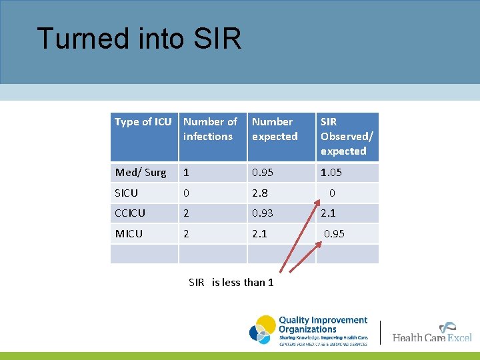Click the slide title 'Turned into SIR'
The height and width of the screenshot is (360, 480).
(x=139, y=39)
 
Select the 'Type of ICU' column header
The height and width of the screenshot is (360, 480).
(x=143, y=122)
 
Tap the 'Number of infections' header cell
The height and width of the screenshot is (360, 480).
(x=210, y=129)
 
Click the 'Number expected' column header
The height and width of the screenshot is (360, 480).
(x=275, y=129)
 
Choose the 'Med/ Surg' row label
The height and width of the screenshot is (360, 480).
(x=141, y=173)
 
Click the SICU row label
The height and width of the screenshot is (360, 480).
(x=127, y=193)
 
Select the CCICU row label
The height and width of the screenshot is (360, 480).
(x=131, y=213)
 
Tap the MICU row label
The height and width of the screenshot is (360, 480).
(x=129, y=234)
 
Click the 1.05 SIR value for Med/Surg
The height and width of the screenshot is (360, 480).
(x=331, y=173)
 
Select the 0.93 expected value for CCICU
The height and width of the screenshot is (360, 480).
(x=263, y=213)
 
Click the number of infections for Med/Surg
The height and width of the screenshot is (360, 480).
(x=187, y=173)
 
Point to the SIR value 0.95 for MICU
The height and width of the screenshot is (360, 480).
(x=334, y=234)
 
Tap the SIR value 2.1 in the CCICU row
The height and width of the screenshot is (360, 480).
(x=328, y=213)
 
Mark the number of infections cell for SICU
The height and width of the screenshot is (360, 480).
(x=187, y=193)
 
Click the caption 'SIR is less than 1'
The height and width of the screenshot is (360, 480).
(x=231, y=283)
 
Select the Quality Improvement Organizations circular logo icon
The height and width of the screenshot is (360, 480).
(x=263, y=329)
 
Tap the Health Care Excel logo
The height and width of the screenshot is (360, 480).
(x=432, y=333)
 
